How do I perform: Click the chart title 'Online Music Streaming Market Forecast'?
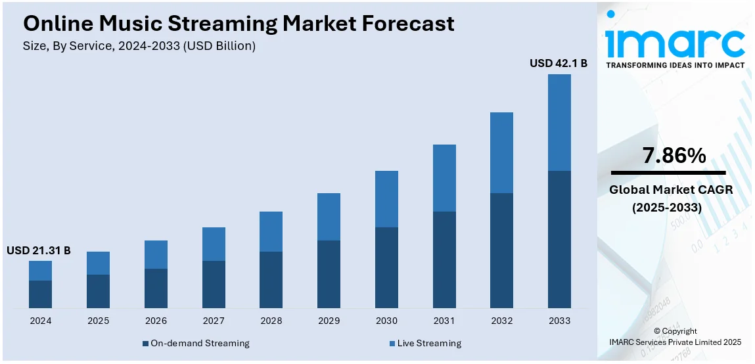point(239,24)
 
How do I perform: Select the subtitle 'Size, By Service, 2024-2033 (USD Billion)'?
point(139,46)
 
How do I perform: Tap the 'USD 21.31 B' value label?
point(39,250)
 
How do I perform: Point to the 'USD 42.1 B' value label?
point(559,64)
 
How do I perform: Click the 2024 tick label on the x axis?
point(40,321)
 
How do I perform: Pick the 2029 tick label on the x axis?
point(329,321)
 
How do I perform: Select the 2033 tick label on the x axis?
point(559,321)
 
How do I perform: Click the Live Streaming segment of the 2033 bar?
point(559,122)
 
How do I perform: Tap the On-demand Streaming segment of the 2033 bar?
point(559,239)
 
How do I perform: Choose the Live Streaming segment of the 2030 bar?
point(386,199)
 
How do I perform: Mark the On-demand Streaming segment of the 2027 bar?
point(214,284)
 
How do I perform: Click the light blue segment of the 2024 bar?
point(40,271)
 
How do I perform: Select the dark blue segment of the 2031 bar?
point(444,260)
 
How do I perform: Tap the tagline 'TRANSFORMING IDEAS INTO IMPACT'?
point(675,65)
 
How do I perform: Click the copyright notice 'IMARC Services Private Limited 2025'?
point(675,342)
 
